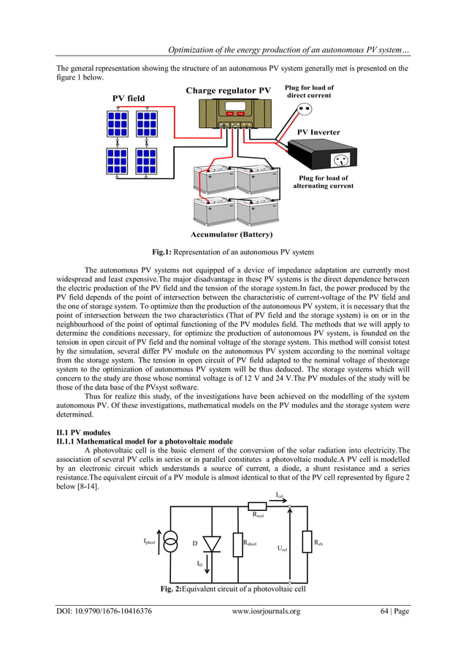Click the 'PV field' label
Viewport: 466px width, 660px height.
(x=128, y=98)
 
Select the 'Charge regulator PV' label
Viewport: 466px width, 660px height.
(x=228, y=91)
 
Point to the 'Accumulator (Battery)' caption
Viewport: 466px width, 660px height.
(x=232, y=235)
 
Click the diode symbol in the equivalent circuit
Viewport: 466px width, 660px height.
(x=211, y=543)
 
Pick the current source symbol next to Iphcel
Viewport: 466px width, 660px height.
(x=169, y=542)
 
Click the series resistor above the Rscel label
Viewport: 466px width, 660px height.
(x=257, y=506)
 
